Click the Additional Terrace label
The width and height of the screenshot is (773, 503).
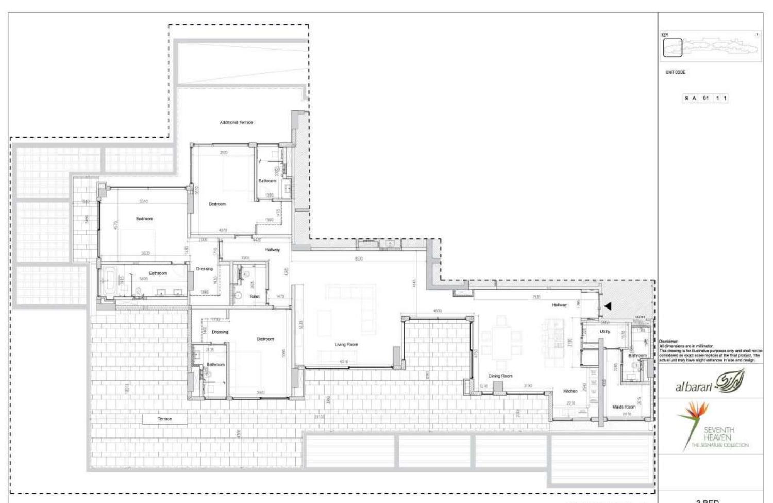point(236,122)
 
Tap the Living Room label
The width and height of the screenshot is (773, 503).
point(346,344)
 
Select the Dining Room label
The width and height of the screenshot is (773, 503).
point(500,376)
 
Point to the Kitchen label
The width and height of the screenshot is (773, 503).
point(570,391)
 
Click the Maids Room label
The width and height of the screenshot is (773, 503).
point(624,407)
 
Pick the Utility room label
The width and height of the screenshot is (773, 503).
point(605,332)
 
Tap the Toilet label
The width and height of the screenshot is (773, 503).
point(254,296)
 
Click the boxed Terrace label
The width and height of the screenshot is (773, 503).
point(165,419)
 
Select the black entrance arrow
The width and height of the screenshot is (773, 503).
point(608,306)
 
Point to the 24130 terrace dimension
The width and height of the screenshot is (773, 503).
point(319,416)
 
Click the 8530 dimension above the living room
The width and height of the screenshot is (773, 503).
point(359,258)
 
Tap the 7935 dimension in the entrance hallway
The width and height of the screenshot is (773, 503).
point(536,297)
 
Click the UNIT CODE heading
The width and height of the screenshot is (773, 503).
point(675,72)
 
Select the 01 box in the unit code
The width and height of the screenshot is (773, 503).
point(705,98)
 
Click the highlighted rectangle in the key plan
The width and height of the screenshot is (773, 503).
point(673,47)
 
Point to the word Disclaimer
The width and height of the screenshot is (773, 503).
point(668,342)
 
